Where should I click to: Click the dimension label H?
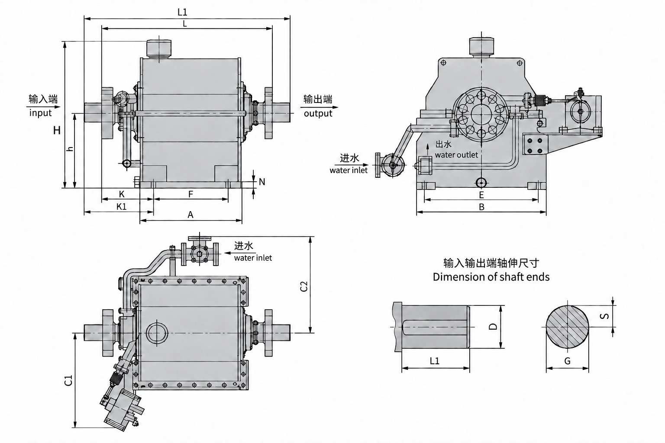57,130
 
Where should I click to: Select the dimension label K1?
121,206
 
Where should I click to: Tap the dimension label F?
190,194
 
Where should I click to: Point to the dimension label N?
262,182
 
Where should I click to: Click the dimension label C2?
304,286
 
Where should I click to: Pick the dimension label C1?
68,380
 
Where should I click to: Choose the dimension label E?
481,195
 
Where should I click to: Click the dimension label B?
481,207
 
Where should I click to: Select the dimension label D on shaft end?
493,326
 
